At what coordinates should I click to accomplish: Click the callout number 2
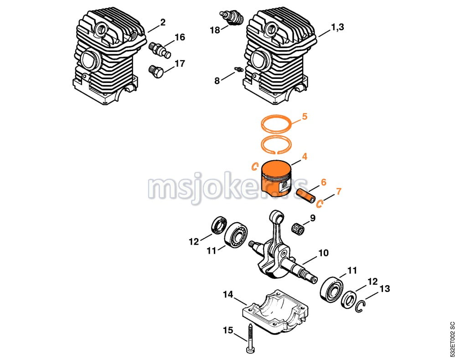(163, 22)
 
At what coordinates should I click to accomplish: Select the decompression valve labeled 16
(160, 49)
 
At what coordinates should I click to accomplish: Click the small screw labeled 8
(237, 69)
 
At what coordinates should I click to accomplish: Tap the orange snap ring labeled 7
(320, 203)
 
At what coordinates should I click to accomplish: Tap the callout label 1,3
(337, 28)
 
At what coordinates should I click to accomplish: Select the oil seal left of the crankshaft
(218, 225)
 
